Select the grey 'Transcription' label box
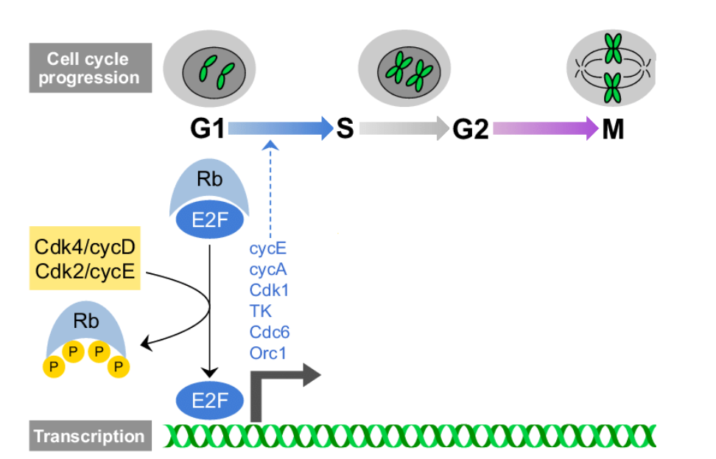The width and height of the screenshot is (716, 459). click(88, 435)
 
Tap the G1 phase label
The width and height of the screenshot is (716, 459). click(207, 130)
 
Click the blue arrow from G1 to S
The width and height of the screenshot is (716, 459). click(280, 129)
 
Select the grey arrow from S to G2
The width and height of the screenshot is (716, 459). click(404, 129)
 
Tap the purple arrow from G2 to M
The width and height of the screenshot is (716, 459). click(545, 129)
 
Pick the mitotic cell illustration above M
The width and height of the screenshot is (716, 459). click(612, 71)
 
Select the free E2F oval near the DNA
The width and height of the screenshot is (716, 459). click(209, 401)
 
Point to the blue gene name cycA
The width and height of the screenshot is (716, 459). click(268, 270)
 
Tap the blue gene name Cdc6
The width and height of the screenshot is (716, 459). click(270, 332)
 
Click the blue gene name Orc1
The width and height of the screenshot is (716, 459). click(268, 353)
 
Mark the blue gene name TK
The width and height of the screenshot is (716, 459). click(260, 312)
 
